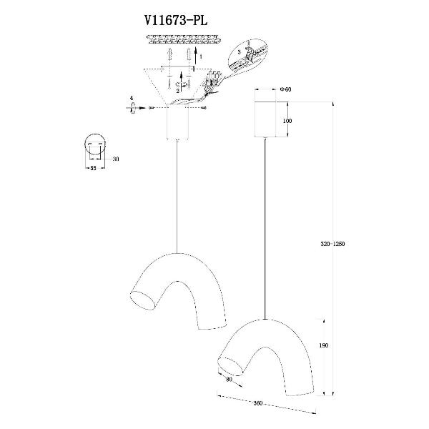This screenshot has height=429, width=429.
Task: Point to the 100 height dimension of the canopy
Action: [287, 121]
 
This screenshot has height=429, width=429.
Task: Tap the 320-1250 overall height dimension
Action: [333, 242]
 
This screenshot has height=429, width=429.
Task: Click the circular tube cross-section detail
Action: [95, 144]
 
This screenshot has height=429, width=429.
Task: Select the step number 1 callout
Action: [201, 55]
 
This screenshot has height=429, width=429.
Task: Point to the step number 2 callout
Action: [177, 91]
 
